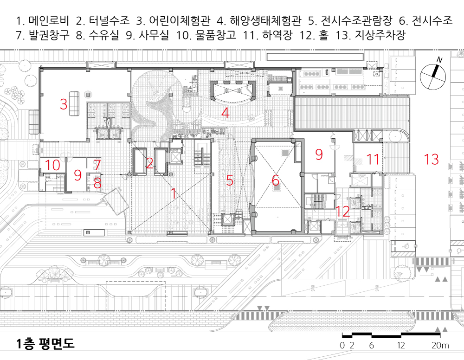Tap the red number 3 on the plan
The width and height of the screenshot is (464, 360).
[64, 104]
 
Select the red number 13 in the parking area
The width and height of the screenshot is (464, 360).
[431, 160]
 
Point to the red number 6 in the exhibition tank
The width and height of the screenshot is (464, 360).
[276, 180]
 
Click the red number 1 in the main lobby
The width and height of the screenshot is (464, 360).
[174, 194]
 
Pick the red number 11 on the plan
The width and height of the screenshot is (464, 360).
[373, 160]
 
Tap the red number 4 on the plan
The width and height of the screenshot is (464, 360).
[225, 112]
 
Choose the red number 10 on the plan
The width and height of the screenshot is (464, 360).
[53, 165]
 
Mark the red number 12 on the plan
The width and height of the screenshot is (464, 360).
[343, 212]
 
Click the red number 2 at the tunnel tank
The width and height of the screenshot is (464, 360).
[149, 163]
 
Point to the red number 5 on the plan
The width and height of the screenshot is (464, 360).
[230, 180]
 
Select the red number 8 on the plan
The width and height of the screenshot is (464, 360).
[97, 184]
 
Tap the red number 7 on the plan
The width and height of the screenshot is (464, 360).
[97, 165]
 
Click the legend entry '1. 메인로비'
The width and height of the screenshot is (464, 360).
[42, 21]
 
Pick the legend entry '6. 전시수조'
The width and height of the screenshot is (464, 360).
[425, 21]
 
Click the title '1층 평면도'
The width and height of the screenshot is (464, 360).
[45, 344]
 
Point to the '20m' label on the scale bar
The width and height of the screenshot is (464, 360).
[439, 345]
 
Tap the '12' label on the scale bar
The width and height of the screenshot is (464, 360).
[401, 345]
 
